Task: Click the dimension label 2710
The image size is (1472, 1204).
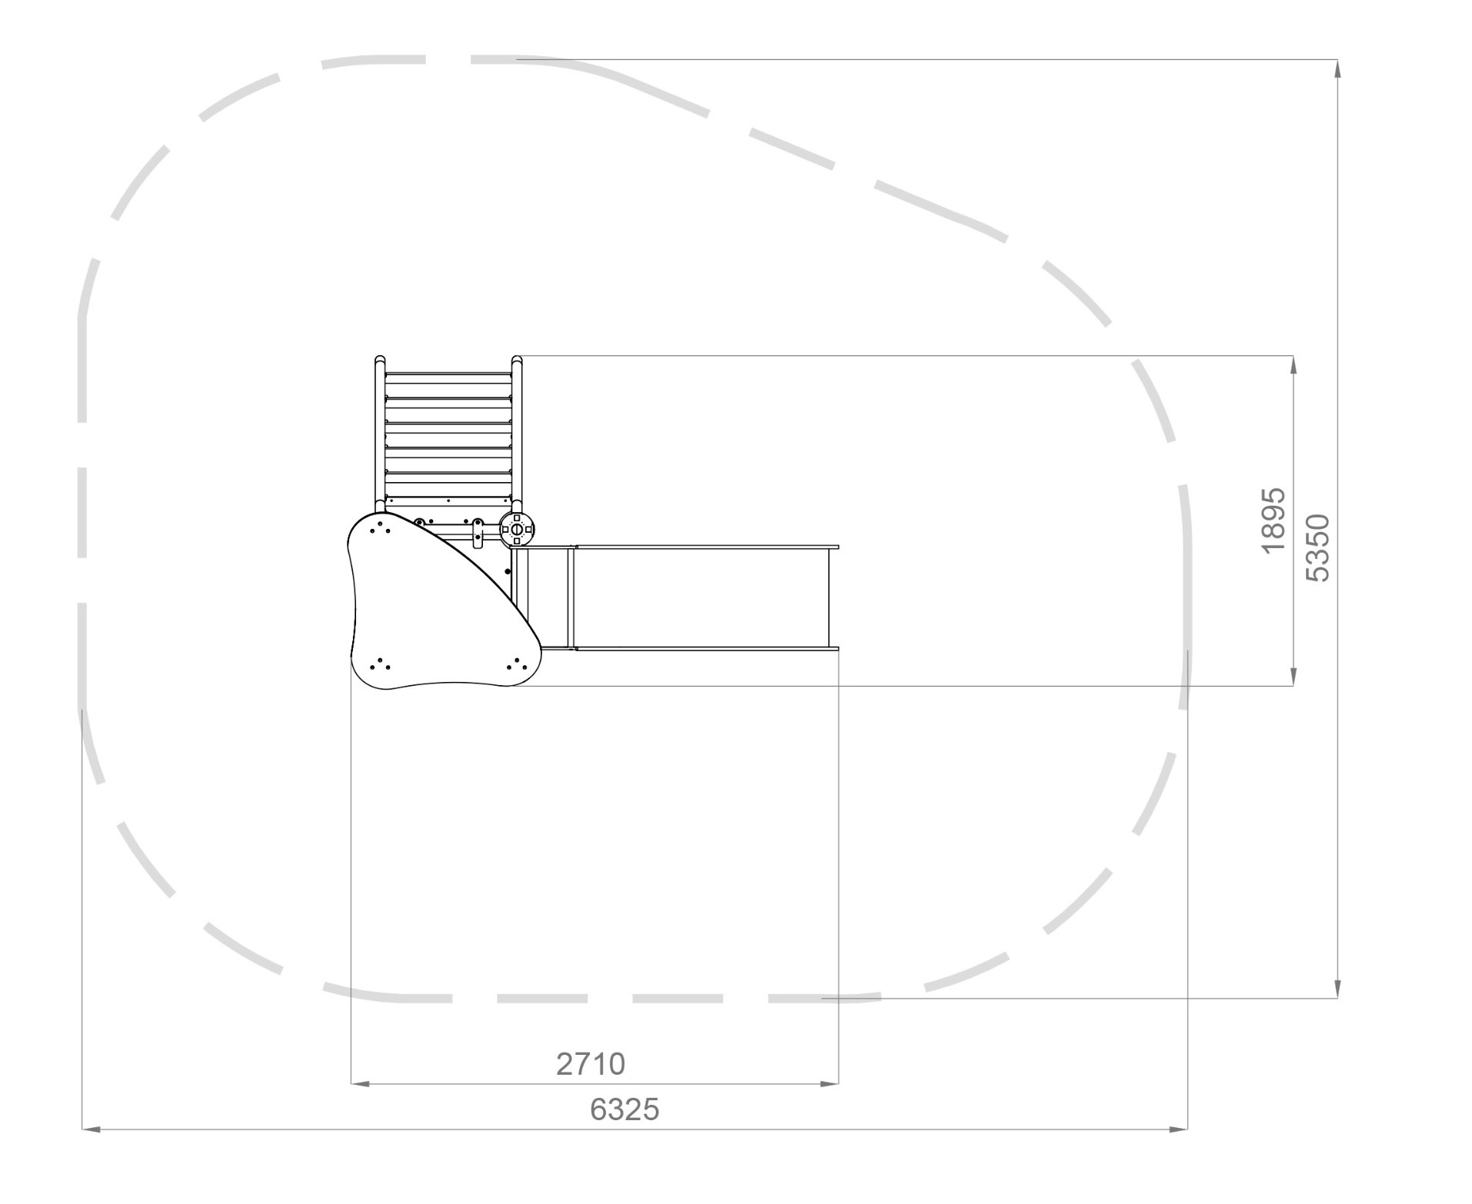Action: (x=590, y=1064)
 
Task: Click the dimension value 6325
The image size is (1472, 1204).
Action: (x=624, y=1109)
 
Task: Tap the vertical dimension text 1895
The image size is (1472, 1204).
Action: (x=1274, y=520)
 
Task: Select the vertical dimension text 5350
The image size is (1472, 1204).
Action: (x=1317, y=548)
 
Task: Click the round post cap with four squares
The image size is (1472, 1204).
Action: (x=517, y=528)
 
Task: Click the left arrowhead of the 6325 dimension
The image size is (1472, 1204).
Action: (x=91, y=1129)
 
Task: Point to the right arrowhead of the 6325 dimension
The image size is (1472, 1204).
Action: (x=1178, y=1129)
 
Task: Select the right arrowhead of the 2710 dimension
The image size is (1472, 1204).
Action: (x=829, y=1084)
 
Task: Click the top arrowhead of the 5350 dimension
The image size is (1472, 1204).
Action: (x=1338, y=68)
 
